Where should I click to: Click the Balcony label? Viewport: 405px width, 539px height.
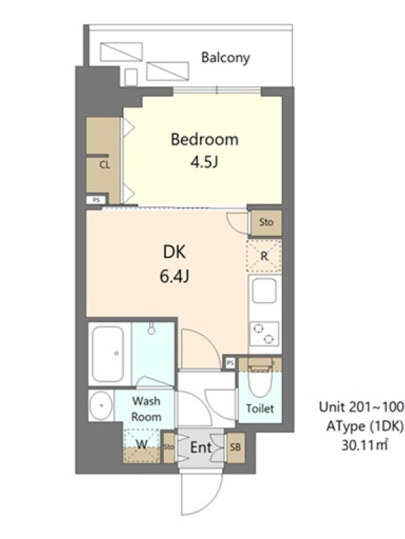pos(225,58)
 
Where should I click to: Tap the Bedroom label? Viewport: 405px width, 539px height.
pos(205,139)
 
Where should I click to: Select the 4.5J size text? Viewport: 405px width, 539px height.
pos(205,162)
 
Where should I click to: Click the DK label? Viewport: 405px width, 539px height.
pos(174,252)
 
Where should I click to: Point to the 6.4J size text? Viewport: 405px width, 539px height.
pos(174,276)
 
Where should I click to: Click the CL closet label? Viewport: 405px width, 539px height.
pos(105,165)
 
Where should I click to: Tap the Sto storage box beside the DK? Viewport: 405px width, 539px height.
pos(266,222)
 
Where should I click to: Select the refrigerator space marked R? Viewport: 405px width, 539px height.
pos(264,256)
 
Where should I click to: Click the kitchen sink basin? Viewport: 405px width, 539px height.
pos(264,291)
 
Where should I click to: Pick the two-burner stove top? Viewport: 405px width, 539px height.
pos(264,334)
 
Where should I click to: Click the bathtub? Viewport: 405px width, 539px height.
pos(108,354)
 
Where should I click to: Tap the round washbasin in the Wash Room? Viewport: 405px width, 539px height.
pos(101,405)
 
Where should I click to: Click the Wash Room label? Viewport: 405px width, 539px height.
pos(146,409)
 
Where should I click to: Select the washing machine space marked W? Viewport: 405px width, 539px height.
pos(142,445)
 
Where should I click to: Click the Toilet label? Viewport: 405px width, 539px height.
pos(260,408)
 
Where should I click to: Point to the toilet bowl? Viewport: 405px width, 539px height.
pos(261,383)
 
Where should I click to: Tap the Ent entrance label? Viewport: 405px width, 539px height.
pos(200,447)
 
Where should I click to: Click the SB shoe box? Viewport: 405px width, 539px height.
pos(236,447)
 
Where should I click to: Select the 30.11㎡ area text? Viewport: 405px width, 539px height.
pos(364,445)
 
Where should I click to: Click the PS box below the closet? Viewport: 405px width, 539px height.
pos(95,200)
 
